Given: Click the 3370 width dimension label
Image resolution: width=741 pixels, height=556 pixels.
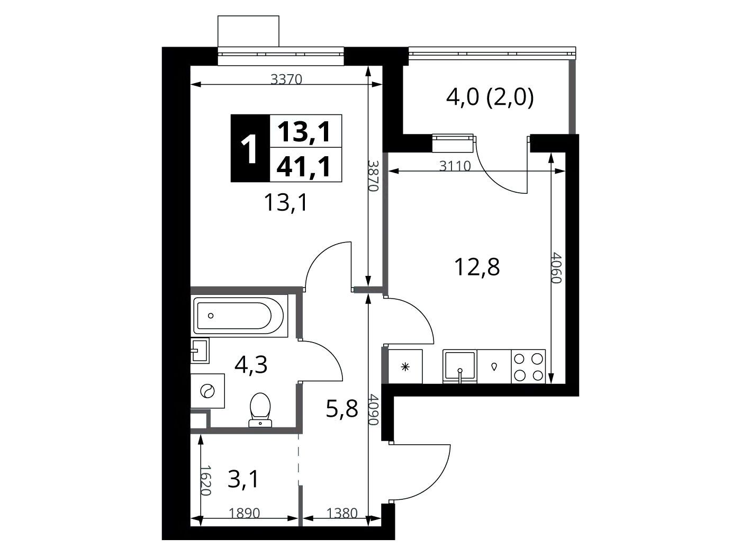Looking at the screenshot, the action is pos(286,79).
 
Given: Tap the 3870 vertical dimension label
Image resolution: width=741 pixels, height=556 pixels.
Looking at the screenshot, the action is pos(373,176).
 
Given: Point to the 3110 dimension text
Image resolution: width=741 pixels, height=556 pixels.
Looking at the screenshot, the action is pos(455,166).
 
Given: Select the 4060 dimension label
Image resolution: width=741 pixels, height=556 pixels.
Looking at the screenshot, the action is pos(556,268).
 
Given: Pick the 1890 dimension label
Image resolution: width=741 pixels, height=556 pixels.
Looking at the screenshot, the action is pos(245,514).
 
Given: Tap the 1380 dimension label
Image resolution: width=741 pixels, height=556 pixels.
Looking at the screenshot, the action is pos(341,514).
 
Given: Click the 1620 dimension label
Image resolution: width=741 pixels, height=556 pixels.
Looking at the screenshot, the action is pos(205,481).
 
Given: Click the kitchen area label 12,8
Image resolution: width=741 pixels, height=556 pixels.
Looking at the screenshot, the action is pos(477,267).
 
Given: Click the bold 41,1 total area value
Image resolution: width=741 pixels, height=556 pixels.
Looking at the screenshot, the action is pos(303,167).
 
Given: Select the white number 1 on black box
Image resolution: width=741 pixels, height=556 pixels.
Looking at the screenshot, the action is pos(250,149).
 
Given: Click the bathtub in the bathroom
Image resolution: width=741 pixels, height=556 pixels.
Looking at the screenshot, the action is pos(239,316).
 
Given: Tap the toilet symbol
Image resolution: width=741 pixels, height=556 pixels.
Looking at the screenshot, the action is pos(260,409).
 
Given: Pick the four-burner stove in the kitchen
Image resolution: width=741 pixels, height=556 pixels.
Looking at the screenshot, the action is pos(528,366).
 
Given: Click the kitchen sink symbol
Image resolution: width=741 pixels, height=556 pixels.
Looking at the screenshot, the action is pos(460,366).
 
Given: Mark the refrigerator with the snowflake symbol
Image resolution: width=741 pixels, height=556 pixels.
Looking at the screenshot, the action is pos(405,366).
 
